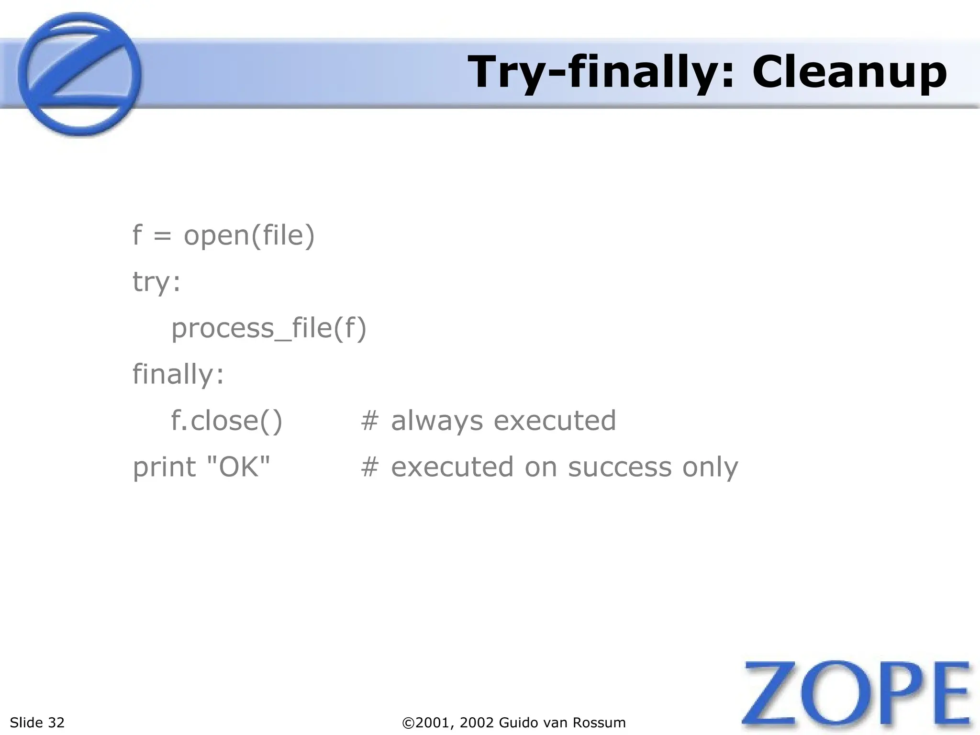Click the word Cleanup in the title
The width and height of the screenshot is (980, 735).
849,73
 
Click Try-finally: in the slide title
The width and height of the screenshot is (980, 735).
601,73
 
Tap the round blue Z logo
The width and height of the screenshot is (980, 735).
79,74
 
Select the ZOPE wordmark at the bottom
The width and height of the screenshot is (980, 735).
857,696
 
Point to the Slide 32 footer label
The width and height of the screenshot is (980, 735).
37,723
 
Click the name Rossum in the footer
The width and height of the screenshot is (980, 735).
601,723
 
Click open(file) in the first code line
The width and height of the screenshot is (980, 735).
249,235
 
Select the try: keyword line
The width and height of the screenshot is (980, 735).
156,282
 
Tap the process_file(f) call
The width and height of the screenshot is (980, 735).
269,329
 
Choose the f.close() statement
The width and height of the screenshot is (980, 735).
227,421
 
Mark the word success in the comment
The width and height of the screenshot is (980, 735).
620,467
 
